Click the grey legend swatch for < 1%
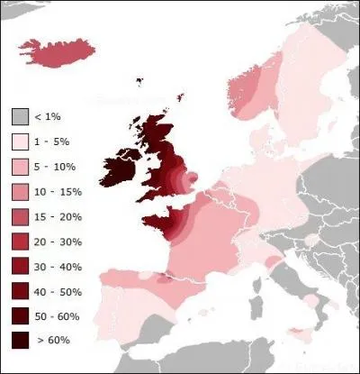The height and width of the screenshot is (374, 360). click(x=21, y=118)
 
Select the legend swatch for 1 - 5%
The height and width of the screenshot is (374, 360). click(x=21, y=142)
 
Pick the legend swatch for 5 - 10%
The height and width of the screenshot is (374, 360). click(x=21, y=168)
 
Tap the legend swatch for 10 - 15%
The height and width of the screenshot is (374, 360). click(x=21, y=192)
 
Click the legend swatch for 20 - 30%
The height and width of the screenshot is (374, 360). click(x=21, y=242)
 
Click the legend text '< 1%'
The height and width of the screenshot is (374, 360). click(x=50, y=118)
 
